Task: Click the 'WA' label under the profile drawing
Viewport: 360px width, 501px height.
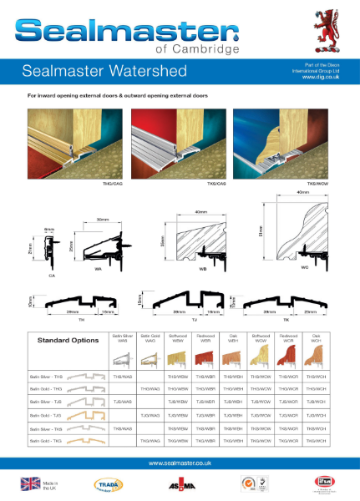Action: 98,269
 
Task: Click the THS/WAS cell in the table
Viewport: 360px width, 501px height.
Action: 122,377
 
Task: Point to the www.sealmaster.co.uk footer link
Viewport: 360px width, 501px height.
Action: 180,463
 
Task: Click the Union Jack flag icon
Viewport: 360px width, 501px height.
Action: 31,483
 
